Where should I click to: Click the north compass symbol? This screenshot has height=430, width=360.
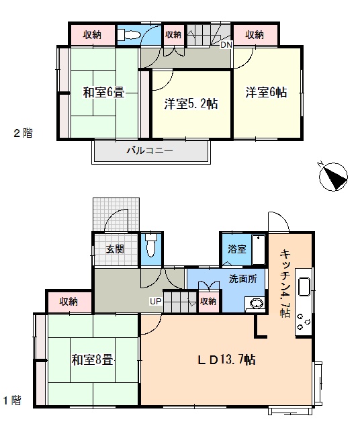[x=333, y=177]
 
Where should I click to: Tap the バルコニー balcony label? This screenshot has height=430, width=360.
[x=150, y=150]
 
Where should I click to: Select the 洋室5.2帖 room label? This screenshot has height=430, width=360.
[x=191, y=104]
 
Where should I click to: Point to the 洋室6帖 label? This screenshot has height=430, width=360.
[x=266, y=93]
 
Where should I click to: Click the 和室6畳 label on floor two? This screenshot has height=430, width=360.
[x=104, y=92]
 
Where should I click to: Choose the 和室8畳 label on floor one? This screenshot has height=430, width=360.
[x=92, y=359]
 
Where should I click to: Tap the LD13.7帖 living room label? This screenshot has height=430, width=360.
[x=227, y=359]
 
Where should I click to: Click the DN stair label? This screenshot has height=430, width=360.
[x=226, y=45]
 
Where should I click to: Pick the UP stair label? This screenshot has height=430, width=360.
[x=155, y=302]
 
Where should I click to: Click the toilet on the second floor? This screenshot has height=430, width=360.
[x=129, y=36]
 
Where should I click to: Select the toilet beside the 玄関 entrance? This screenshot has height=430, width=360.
[x=151, y=245]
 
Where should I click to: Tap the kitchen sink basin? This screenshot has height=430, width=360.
[x=304, y=287]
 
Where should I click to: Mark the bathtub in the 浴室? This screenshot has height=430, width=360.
[x=259, y=249]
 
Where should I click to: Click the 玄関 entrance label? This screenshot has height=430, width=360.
[x=115, y=249]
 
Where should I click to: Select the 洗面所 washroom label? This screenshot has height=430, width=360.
[x=243, y=279]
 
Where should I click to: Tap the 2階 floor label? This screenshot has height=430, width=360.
[x=24, y=133]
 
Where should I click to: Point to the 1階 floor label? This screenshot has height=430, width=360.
[x=12, y=400]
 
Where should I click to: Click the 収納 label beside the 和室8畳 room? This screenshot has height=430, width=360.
[x=69, y=302]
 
